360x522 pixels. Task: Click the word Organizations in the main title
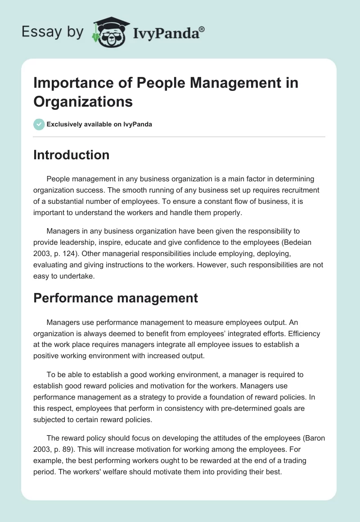(x=83, y=101)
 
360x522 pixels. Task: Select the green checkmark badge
(x=39, y=124)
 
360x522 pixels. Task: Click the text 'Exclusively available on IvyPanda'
(x=99, y=124)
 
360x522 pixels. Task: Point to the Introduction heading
(x=72, y=155)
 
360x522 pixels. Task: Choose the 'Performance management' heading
(x=116, y=297)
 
